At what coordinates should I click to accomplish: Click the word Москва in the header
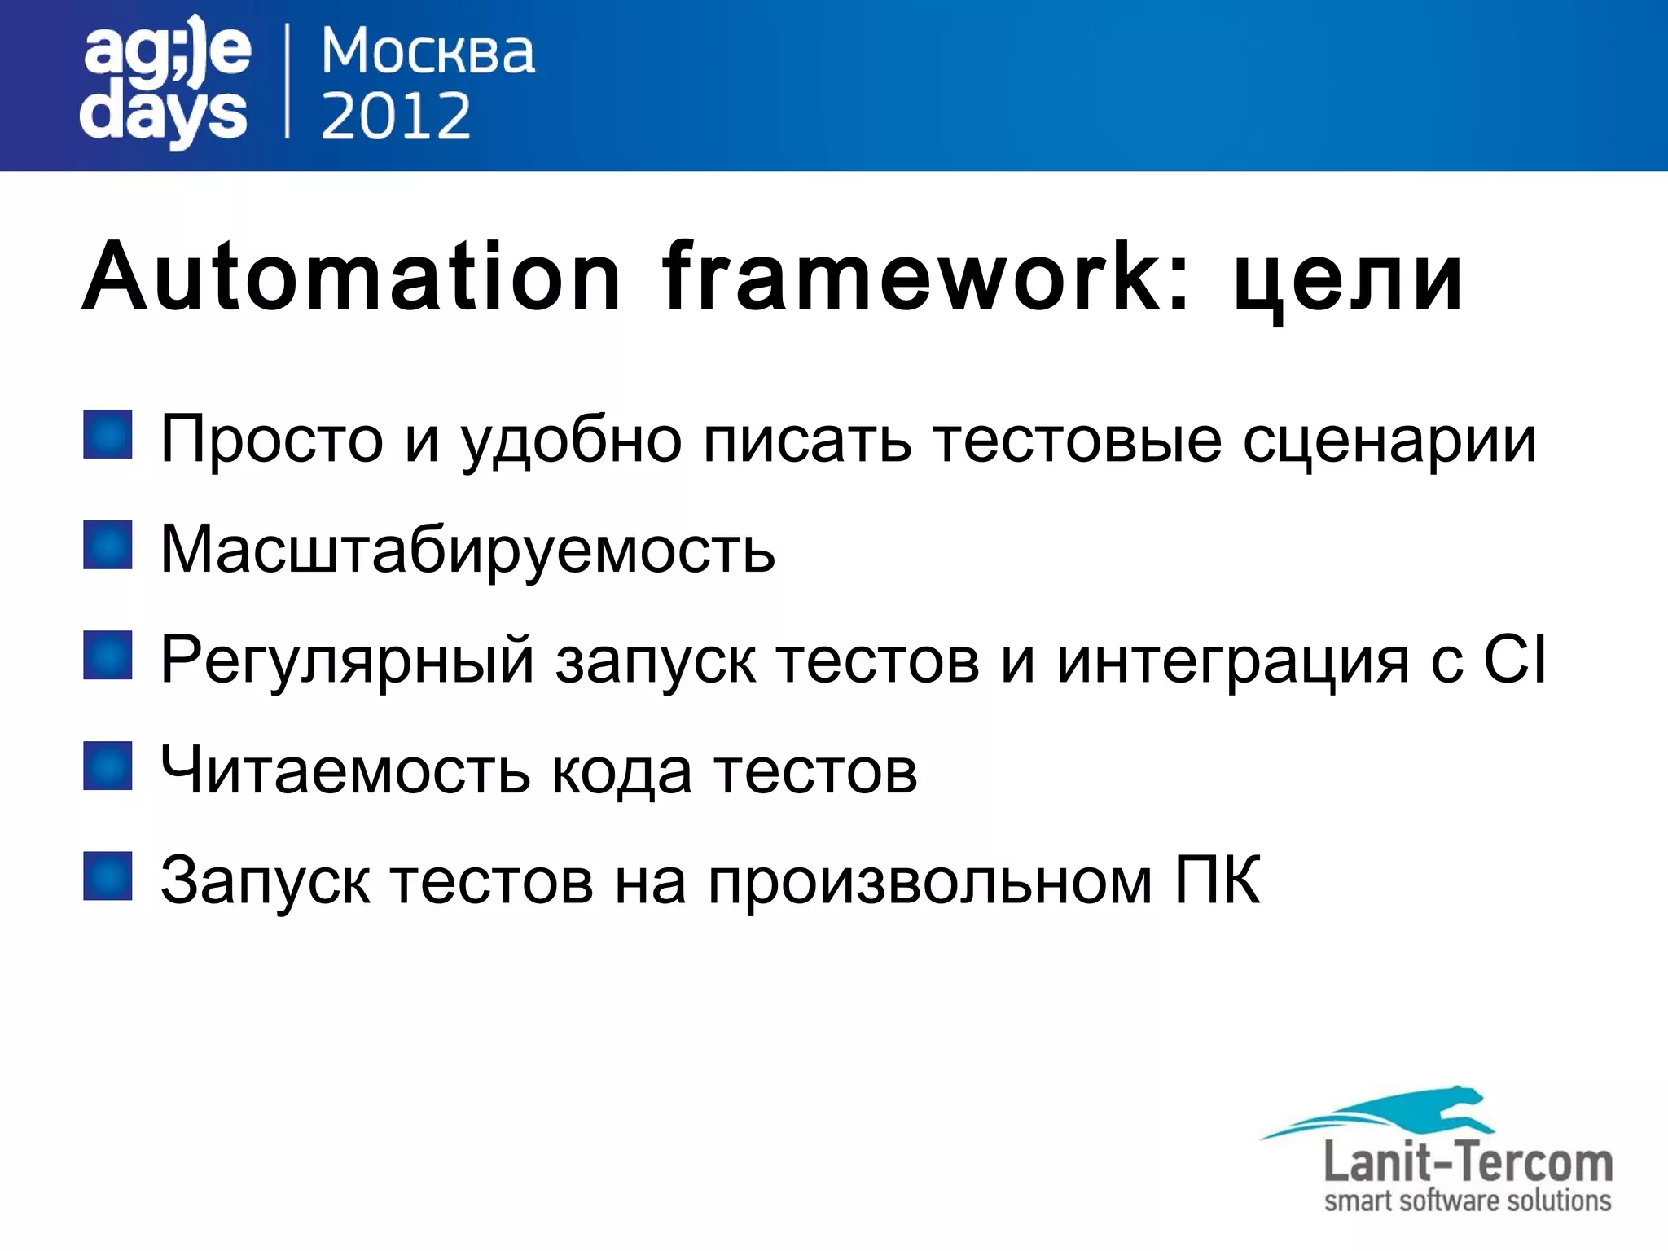tap(428, 52)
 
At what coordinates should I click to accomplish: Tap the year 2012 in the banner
tap(396, 116)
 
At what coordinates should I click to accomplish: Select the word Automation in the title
tap(351, 277)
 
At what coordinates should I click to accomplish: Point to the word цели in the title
tap(1348, 281)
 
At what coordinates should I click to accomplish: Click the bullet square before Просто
tap(108, 435)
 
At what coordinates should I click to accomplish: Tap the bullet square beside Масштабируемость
tap(108, 545)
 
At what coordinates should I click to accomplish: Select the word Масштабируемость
tap(467, 550)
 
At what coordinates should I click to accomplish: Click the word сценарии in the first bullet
tap(1389, 441)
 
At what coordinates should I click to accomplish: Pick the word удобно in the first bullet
tap(571, 441)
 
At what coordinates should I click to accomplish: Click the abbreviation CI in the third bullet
tap(1514, 659)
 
